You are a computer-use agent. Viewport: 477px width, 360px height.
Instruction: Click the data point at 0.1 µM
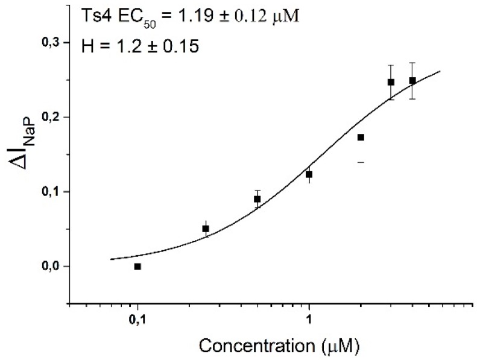tap(137, 266)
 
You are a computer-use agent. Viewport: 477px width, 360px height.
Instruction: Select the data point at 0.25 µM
tap(206, 229)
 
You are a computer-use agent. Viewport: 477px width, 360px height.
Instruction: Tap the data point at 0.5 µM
tap(257, 199)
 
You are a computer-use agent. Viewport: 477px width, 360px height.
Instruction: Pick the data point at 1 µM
tap(309, 174)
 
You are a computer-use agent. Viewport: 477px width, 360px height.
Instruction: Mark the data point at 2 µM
tap(361, 137)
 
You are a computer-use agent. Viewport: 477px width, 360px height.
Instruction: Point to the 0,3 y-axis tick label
tap(50, 42)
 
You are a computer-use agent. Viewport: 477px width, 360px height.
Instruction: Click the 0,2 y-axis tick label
tap(50, 117)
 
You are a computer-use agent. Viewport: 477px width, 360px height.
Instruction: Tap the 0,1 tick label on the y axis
tap(50, 192)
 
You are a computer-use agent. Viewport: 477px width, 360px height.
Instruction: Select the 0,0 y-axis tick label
tap(50, 267)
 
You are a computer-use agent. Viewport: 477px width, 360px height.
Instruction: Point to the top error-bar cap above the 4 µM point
tap(412, 62)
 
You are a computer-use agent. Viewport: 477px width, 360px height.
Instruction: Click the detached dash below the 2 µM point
tap(361, 162)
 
